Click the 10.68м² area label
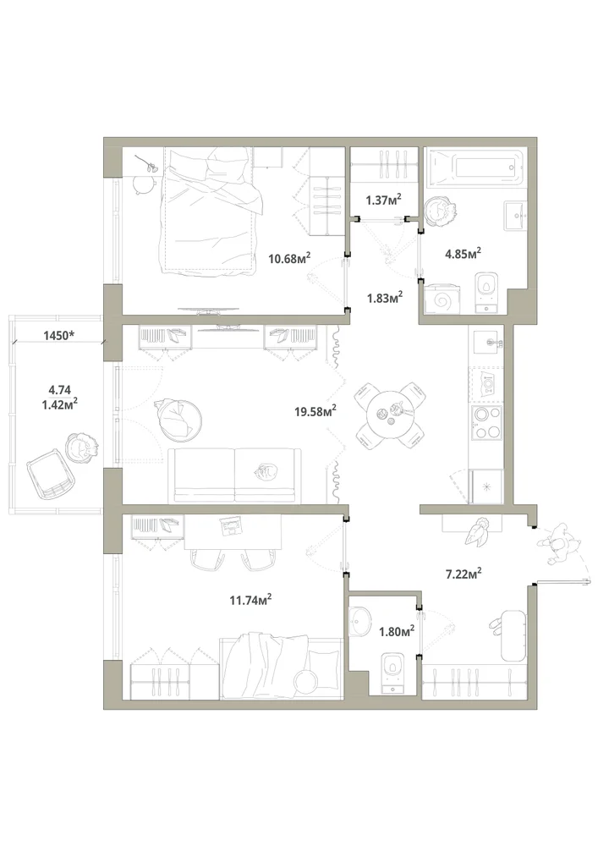291,258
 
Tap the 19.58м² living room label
315,411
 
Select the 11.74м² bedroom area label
250,599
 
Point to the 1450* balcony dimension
58,335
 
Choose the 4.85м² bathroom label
463,253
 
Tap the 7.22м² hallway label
464,574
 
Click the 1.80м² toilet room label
397,631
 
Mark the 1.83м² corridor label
385,297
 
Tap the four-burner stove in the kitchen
486,423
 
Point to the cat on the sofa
264,473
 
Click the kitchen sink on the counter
487,342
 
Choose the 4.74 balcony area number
59,388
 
